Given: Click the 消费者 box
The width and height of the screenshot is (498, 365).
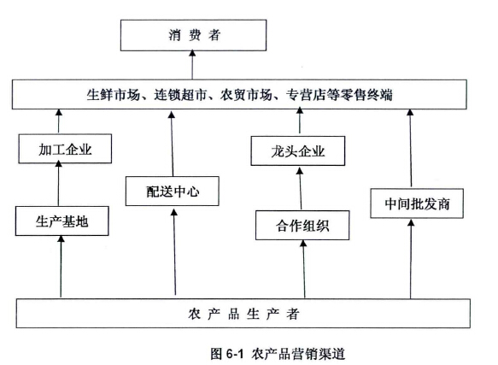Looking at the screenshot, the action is click(193, 35).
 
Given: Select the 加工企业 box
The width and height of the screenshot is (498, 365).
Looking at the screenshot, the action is click(65, 149).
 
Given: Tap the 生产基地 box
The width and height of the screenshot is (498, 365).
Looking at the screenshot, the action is click(62, 221).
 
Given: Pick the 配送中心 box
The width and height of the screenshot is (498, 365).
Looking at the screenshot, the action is click(173, 191).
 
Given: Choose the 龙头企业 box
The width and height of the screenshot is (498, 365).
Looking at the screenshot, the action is click(298, 150).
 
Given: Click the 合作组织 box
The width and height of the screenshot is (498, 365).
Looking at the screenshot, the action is click(302, 225).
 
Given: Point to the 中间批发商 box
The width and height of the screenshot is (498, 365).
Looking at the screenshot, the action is click(417, 203).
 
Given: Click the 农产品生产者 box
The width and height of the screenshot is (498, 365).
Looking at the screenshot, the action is click(243, 313).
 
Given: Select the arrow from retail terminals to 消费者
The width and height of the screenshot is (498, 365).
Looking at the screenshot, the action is click(192, 65).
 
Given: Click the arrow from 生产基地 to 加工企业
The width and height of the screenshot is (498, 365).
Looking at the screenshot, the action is click(58, 183).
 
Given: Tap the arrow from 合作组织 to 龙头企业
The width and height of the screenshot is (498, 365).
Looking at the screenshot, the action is click(300, 189).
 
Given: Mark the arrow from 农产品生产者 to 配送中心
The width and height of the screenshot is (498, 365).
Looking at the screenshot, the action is click(174, 252).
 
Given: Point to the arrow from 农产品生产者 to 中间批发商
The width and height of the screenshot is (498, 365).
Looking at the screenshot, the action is click(411, 259).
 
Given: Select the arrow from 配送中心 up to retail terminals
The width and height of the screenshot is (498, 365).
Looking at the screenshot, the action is click(173, 144).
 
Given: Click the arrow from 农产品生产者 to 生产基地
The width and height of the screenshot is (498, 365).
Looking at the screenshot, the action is click(61, 267).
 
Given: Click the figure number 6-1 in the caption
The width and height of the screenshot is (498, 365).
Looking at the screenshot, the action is click(235, 353).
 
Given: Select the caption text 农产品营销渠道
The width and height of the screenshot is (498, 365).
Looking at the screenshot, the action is click(298, 354).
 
